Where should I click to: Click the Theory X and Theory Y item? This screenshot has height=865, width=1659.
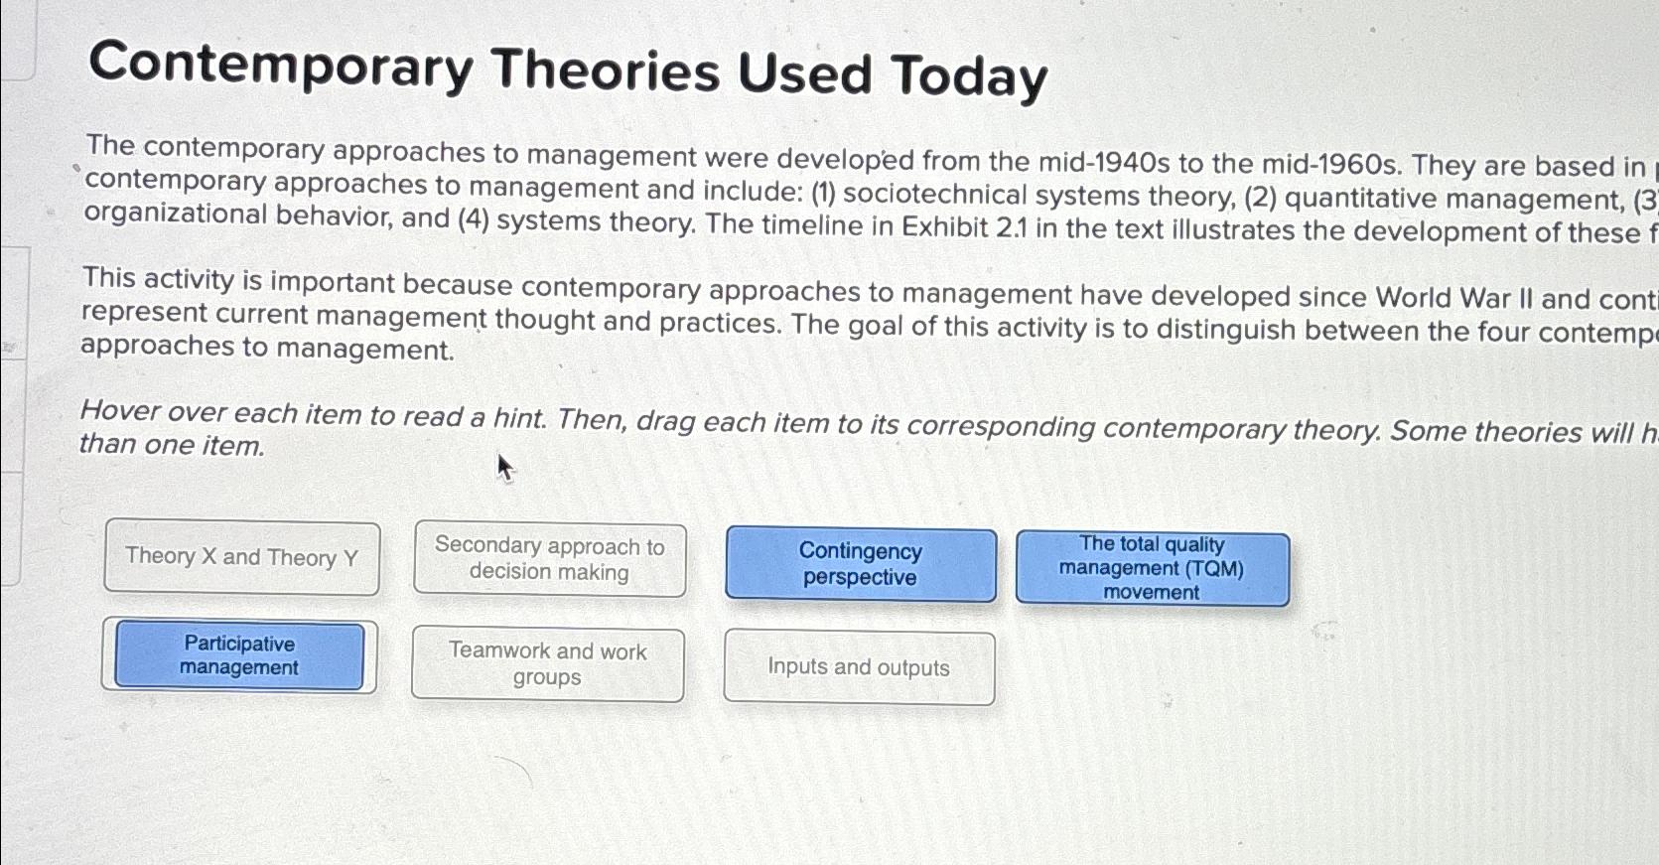241,557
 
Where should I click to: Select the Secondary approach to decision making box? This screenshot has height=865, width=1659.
549,559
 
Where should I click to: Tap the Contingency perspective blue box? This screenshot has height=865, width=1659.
861,564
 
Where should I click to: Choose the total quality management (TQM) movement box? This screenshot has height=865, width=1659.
1152,568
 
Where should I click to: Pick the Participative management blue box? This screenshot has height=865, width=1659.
239,655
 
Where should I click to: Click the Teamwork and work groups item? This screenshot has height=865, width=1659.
547,664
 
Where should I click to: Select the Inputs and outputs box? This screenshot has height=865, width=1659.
859,667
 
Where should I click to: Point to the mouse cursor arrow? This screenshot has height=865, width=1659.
504,465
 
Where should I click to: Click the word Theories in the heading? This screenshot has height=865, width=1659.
606,70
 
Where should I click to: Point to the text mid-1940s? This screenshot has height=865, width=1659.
1104,162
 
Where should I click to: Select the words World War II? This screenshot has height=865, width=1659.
1454,298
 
